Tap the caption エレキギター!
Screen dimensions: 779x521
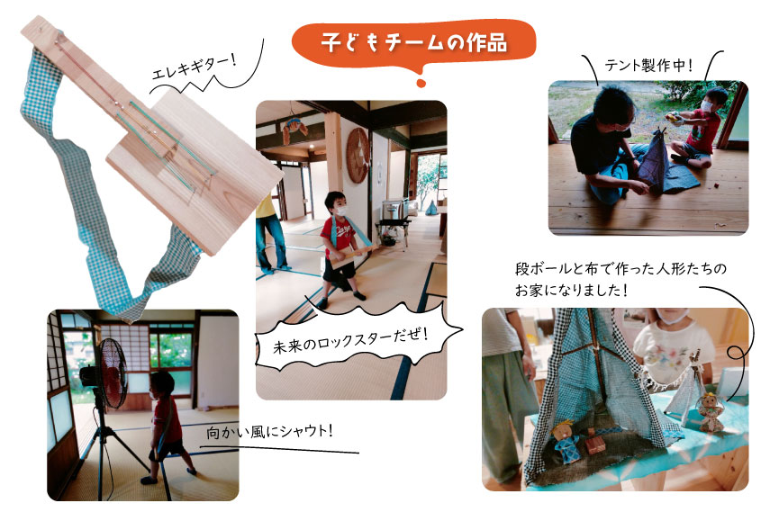pyautogui.click(x=194, y=67)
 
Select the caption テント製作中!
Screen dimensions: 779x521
pyautogui.click(x=648, y=65)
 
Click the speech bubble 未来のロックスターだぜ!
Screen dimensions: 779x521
pyautogui.click(x=358, y=337)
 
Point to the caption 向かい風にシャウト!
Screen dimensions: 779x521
pyautogui.click(x=268, y=432)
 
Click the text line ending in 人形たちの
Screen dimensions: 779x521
pyautogui.click(x=620, y=269)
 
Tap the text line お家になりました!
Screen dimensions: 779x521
pyautogui.click(x=571, y=290)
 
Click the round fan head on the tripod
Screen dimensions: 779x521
pyautogui.click(x=110, y=373)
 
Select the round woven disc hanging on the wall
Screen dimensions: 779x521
pyautogui.click(x=358, y=156)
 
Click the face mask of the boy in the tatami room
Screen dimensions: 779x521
pyautogui.click(x=340, y=211)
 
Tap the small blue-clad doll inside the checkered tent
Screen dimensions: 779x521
pyautogui.click(x=565, y=441)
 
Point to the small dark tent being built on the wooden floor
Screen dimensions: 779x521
pyautogui.click(x=652, y=161)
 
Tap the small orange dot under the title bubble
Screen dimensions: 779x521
pyautogui.click(x=421, y=84)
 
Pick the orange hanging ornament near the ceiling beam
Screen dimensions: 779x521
pyautogui.click(x=294, y=130)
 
